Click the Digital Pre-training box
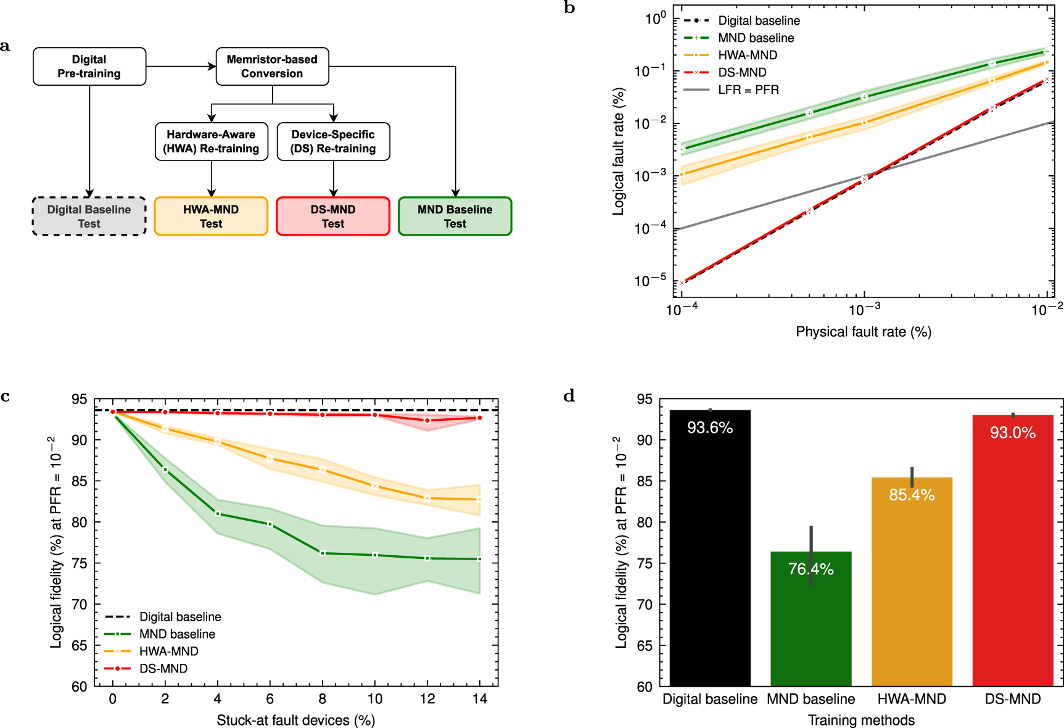89,67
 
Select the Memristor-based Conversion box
272,67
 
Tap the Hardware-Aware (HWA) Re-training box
211,141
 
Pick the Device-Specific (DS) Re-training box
333,141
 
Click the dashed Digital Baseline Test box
89,217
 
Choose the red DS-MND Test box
333,217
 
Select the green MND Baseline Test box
455,217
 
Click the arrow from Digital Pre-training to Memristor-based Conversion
181,67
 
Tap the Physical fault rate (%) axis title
863,332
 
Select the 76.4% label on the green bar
810,569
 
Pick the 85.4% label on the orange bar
912,495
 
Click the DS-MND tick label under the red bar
1012,699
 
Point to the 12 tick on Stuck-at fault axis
427,699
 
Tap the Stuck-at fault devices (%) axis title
295,720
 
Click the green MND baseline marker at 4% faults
218,513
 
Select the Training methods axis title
861,720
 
